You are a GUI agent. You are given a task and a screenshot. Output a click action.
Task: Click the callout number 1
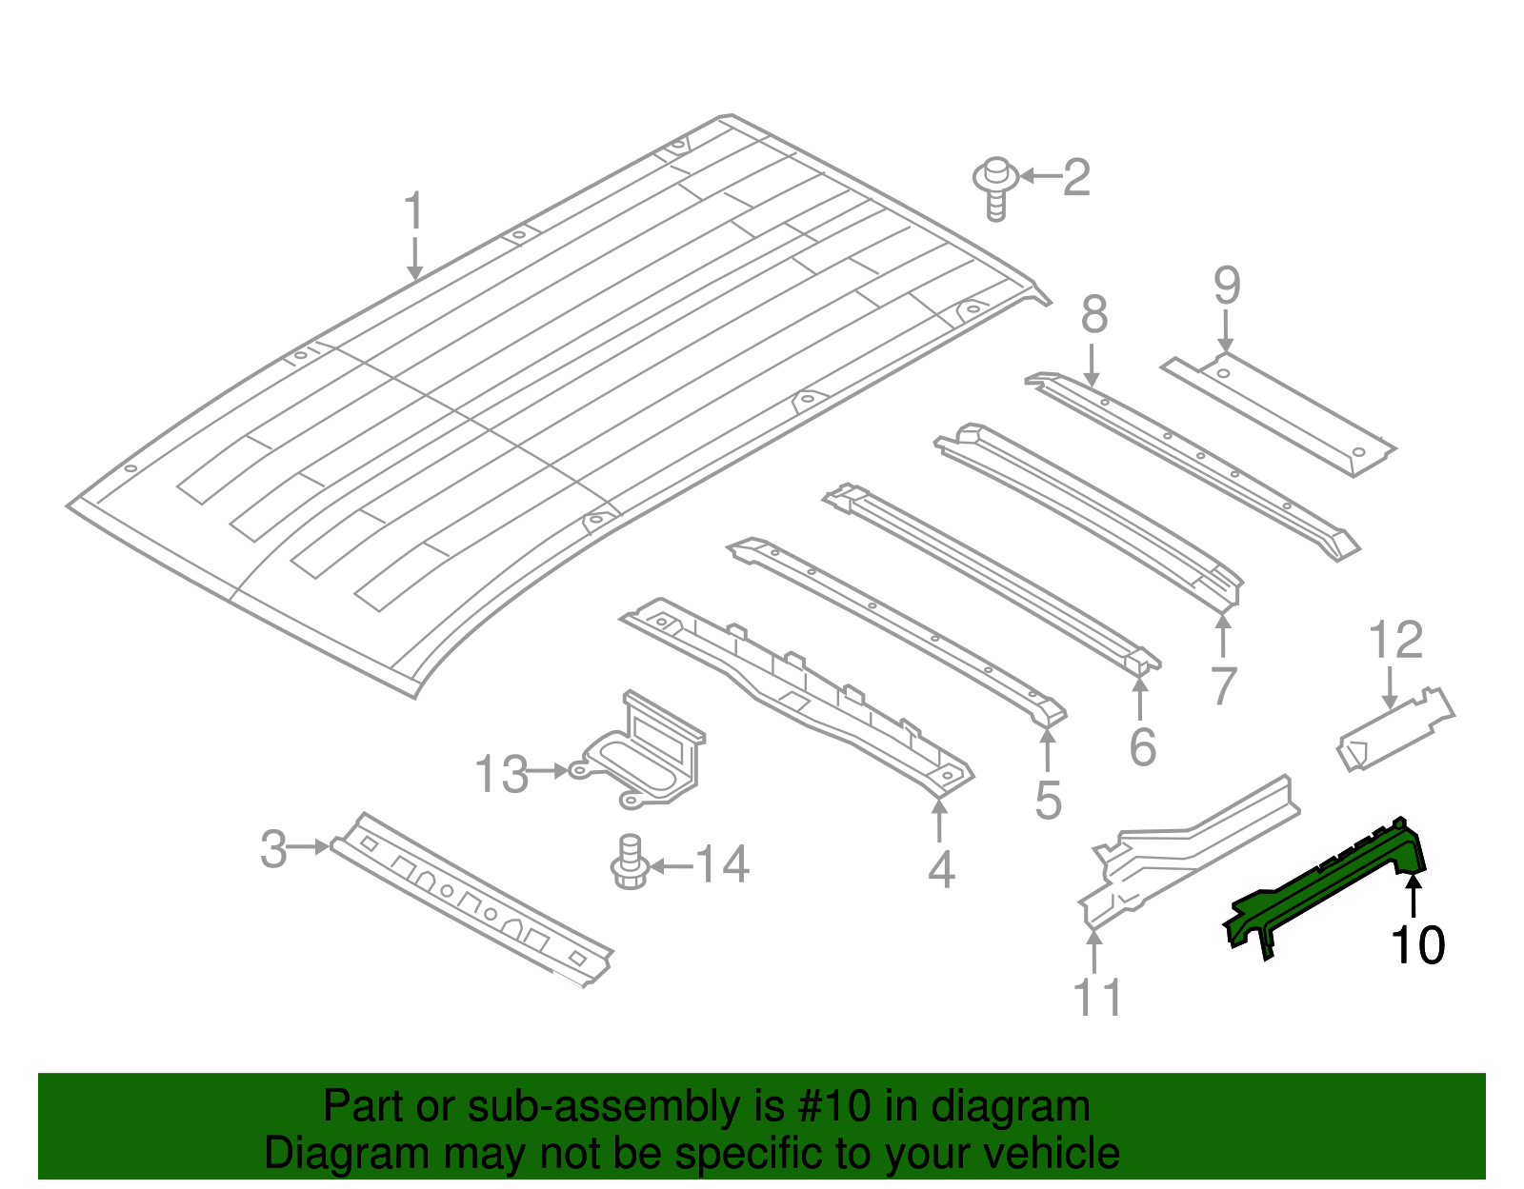point(412,211)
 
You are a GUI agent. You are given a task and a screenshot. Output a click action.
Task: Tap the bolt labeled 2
point(994,187)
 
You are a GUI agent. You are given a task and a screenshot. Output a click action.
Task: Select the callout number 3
point(273,848)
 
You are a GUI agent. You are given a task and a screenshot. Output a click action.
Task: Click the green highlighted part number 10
point(1324,885)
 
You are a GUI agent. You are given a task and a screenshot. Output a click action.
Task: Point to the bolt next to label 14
point(629,862)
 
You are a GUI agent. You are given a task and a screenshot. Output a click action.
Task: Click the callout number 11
point(1097,997)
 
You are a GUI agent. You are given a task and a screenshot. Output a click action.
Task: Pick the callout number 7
point(1223,685)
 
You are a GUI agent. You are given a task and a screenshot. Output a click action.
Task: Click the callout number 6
point(1142,746)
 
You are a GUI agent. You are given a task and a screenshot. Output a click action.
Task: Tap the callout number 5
point(1048,800)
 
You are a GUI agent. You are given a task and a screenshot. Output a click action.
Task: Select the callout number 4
point(941,869)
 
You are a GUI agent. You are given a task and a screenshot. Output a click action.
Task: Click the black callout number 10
point(1417,944)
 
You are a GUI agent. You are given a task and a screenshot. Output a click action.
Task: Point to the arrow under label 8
point(1093,367)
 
